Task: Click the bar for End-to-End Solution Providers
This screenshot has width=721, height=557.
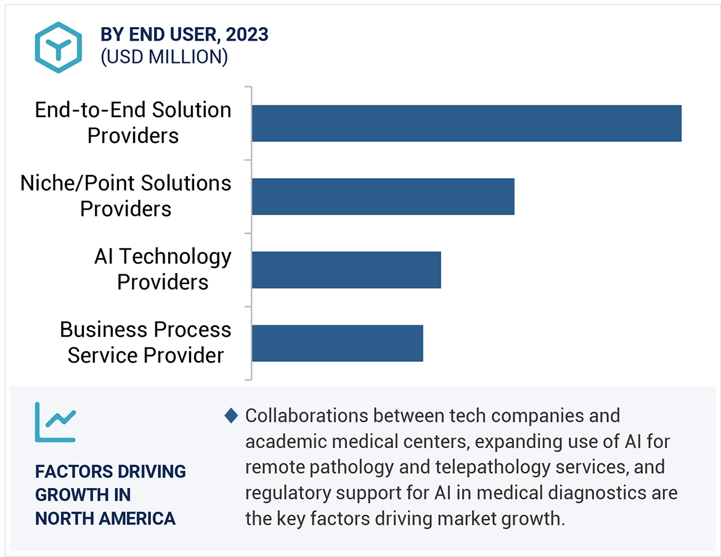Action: (x=466, y=123)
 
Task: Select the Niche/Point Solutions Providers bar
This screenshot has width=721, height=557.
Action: (x=383, y=197)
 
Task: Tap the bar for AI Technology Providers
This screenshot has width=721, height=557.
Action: (x=346, y=270)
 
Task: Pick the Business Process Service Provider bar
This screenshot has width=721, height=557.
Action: (x=337, y=343)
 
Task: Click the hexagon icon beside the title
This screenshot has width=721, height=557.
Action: (x=59, y=47)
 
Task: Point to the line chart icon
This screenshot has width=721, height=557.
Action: (x=55, y=422)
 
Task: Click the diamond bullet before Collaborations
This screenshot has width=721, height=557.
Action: (x=231, y=416)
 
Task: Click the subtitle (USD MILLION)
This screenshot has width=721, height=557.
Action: (x=164, y=57)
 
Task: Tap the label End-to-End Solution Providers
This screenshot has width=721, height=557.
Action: (x=133, y=123)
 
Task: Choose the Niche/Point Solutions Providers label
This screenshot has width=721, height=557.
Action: (x=126, y=196)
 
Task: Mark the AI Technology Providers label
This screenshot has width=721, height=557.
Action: (x=163, y=269)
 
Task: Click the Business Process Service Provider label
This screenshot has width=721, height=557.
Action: (x=145, y=343)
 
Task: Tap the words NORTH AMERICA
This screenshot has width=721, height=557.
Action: (x=105, y=518)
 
